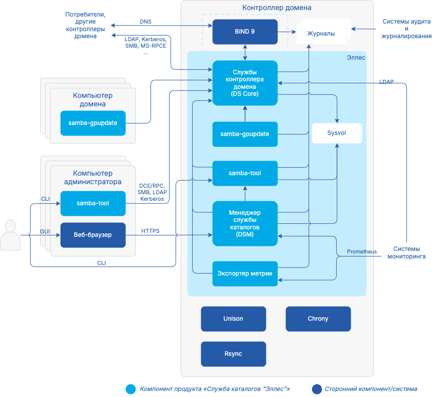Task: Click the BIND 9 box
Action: click(x=245, y=32)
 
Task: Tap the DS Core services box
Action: click(x=245, y=83)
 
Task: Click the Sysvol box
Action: click(x=337, y=134)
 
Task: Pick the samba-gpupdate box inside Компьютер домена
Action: click(x=93, y=123)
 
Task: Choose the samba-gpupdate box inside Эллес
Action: click(x=245, y=134)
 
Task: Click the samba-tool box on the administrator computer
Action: click(x=93, y=203)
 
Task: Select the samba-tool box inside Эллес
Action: click(x=245, y=173)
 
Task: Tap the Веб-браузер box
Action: click(x=93, y=235)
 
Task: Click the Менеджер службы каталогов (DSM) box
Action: click(x=245, y=223)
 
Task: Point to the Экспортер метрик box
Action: click(x=245, y=274)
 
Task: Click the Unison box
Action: click(x=233, y=319)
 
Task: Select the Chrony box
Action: click(x=318, y=319)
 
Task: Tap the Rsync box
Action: click(x=233, y=354)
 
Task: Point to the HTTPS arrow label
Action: click(x=151, y=231)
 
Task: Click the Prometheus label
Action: click(x=362, y=251)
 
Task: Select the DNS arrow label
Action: click(x=145, y=22)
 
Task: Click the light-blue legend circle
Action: click(x=131, y=389)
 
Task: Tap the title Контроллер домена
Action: click(x=276, y=8)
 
